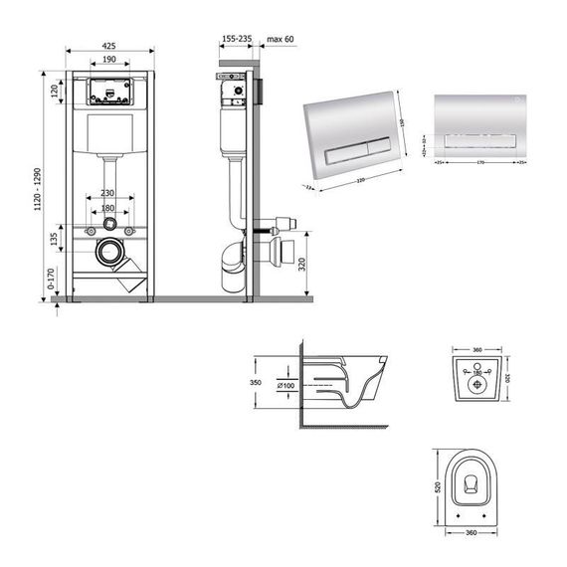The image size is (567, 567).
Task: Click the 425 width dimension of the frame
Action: pos(110,44)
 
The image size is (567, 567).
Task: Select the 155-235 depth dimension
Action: pos(237,38)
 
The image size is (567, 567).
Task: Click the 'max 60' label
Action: pos(282,38)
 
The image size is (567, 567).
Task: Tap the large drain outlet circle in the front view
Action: pos(110,253)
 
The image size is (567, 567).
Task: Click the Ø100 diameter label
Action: pos(283,384)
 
